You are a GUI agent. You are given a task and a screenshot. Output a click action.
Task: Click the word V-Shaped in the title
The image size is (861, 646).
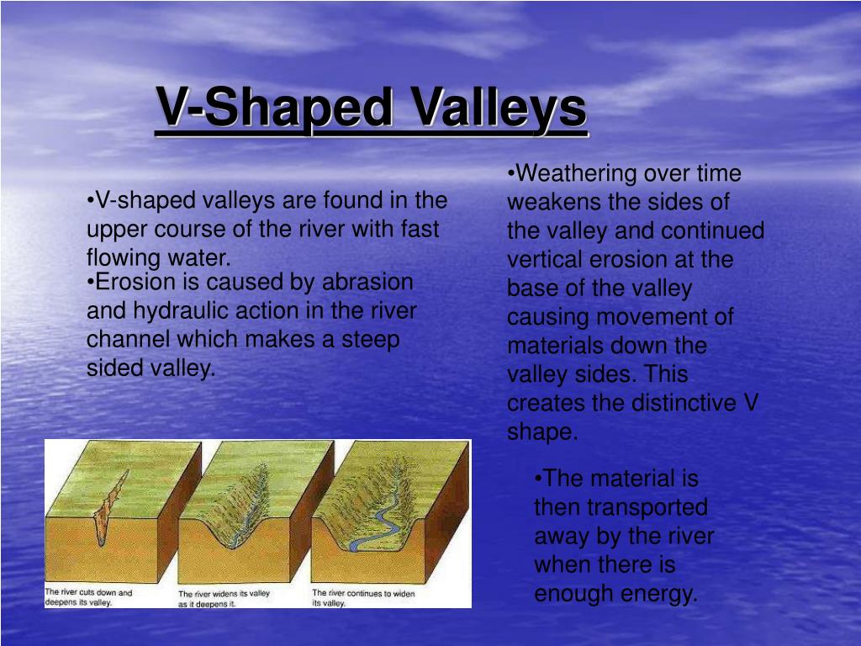pos(275,107)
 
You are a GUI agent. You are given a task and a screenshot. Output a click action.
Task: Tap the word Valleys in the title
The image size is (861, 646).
pos(499,108)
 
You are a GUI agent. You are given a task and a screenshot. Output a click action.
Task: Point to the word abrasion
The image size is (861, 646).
pos(367,282)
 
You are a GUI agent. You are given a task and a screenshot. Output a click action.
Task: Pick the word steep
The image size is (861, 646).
pos(370,341)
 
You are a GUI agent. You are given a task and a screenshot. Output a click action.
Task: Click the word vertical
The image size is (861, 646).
pos(544,259)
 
